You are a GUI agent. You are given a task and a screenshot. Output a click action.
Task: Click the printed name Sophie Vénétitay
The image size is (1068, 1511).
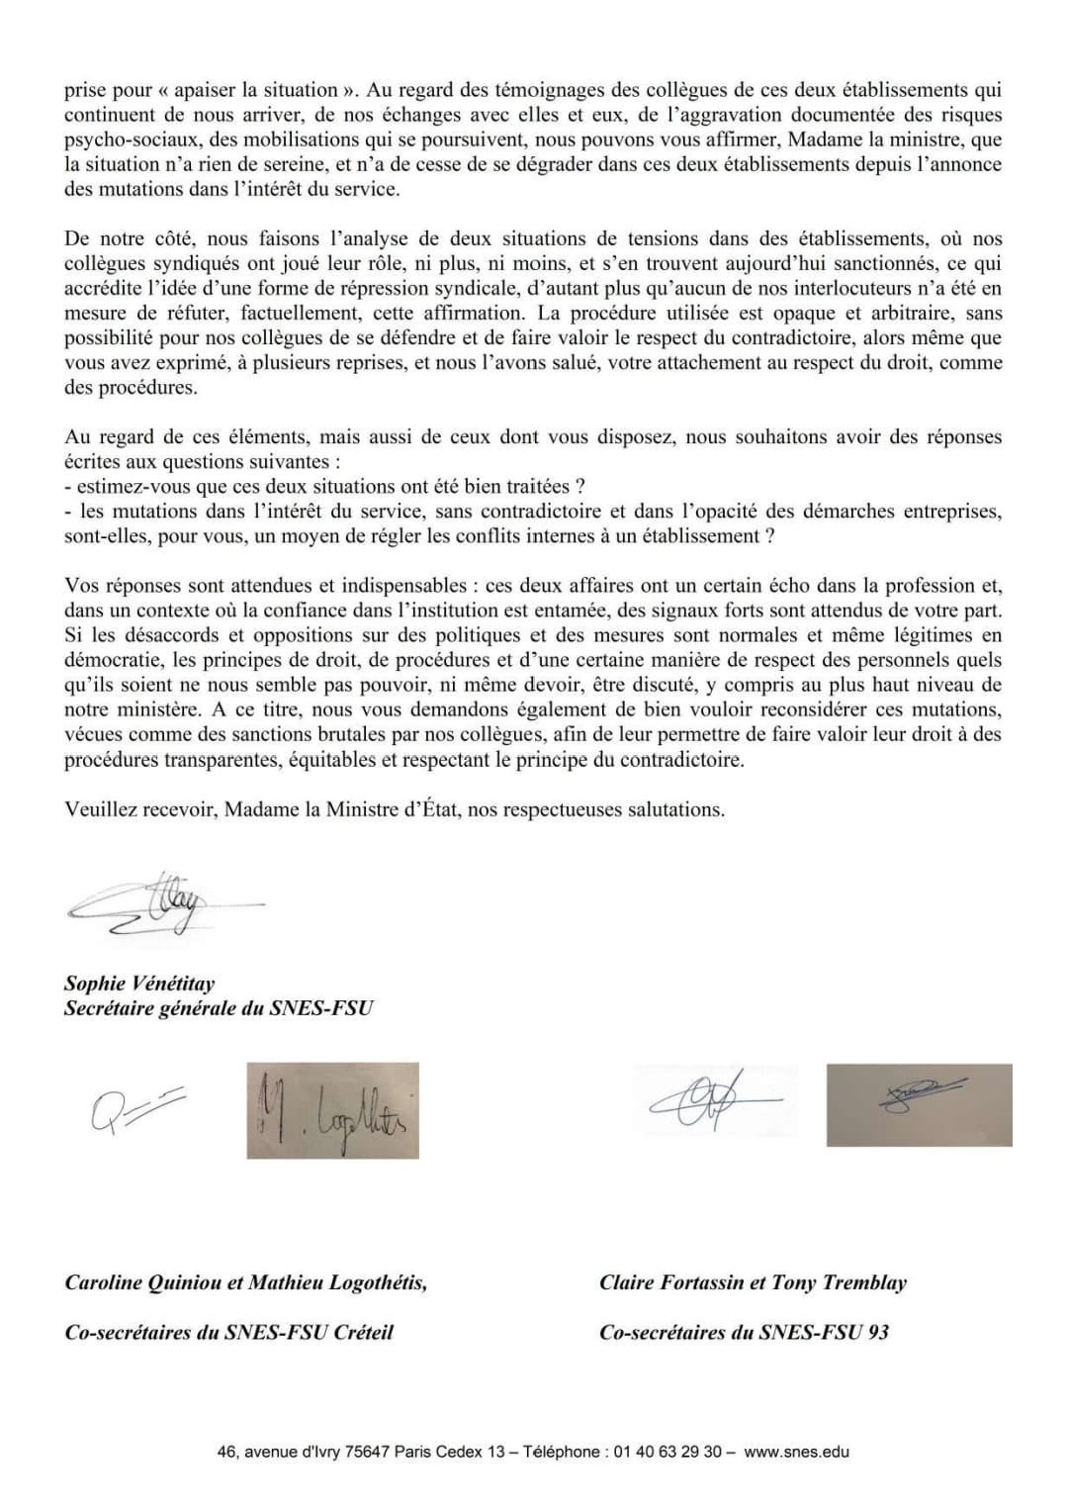coord(139,984)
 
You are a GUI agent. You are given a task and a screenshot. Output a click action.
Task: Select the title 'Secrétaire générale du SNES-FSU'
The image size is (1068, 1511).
coord(219,1008)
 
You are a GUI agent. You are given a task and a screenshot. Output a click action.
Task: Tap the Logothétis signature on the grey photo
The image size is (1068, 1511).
coord(332,1110)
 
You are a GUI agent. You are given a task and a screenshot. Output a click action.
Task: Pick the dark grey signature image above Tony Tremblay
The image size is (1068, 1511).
coord(919,1104)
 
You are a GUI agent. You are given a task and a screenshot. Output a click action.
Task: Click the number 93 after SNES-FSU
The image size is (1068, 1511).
coord(877,1332)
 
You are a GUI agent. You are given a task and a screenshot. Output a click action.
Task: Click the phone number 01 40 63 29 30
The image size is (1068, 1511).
coord(667,1453)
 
